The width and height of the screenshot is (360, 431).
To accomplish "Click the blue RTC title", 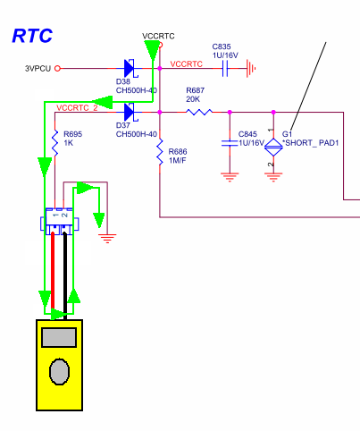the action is (32, 36).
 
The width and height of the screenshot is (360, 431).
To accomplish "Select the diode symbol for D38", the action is (129, 68).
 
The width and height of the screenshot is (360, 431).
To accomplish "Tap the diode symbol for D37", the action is (129, 112).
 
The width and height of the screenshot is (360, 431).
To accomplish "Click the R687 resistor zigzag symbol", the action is (199, 112).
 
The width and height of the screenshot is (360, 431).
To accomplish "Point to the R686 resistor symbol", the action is (160, 151).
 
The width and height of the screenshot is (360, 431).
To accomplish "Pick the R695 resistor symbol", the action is (54, 143).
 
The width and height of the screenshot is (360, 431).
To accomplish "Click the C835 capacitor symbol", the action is (225, 68).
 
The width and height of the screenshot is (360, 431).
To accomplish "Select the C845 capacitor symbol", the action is (230, 143).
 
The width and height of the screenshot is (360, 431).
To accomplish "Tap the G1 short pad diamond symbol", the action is (273, 147).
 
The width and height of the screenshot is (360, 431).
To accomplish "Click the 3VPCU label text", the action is (38, 69).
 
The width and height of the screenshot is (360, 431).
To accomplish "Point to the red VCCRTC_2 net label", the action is (77, 107).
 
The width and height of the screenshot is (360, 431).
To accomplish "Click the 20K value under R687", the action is (193, 99).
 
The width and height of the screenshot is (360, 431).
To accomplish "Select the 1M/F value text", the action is (178, 160).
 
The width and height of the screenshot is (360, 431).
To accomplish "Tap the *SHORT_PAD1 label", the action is (312, 143).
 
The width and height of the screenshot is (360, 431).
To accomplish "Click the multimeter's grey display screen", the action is (59, 337).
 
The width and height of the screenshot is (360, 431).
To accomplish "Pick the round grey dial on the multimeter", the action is (59, 372).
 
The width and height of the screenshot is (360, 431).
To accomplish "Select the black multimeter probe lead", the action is (65, 275).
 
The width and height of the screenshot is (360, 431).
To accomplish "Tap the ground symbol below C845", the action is (230, 177).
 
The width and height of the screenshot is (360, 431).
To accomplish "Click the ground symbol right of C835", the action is (251, 68).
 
